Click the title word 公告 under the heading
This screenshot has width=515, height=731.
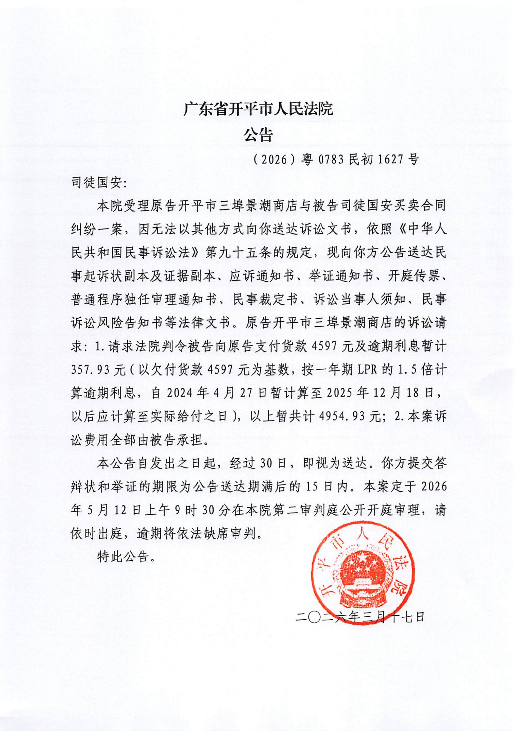click(258, 135)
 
